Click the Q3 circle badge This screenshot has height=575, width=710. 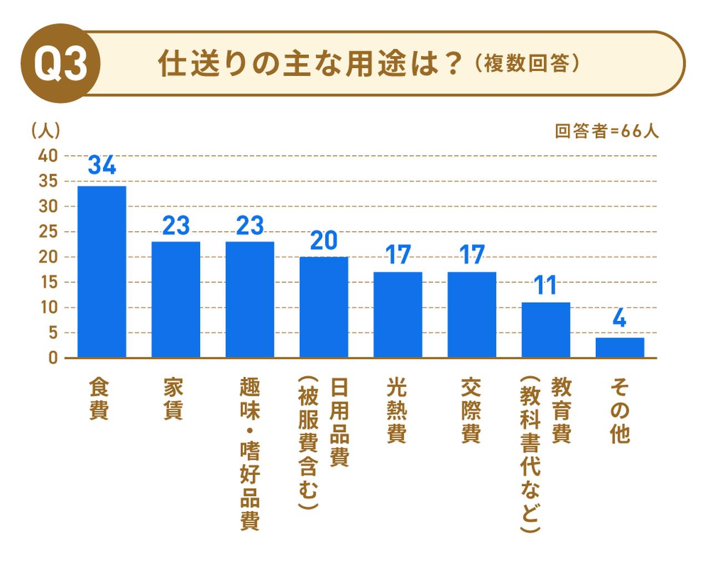60,63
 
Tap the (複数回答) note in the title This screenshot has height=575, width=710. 526,63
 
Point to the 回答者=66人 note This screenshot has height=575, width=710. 606,132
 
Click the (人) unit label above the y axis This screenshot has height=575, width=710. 45,130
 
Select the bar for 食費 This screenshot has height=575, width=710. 102,272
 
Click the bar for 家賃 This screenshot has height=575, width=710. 176,300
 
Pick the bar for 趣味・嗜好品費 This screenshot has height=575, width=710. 250,300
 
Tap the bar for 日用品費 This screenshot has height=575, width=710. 324,307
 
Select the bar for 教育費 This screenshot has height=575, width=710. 546,330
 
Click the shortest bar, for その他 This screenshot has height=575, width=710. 620,347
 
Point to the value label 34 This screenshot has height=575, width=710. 102,165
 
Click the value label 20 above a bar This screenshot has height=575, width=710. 324,240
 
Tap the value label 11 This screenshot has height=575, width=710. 546,286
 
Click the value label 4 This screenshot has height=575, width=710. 620,320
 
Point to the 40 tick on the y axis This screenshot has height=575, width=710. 48,156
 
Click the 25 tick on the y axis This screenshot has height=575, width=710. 48,231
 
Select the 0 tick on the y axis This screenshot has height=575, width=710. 53,358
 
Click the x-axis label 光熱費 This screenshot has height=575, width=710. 397,411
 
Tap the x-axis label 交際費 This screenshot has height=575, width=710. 471,411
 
